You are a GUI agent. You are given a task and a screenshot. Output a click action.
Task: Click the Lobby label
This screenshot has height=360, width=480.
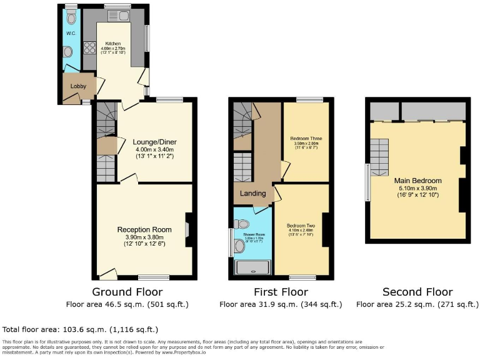78,86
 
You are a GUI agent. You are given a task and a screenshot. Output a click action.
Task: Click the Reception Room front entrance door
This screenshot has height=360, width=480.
107,273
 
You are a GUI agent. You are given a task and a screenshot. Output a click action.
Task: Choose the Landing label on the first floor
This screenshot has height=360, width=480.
253,193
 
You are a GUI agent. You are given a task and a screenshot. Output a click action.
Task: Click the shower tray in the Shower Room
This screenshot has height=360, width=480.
252,268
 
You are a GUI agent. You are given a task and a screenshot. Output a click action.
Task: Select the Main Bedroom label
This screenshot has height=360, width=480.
418,181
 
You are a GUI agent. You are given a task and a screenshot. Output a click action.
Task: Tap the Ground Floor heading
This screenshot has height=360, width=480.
127,292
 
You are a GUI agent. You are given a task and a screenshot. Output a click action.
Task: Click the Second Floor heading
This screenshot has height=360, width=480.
417,292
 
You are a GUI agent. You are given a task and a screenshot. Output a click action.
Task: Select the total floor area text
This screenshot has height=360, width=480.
81,329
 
